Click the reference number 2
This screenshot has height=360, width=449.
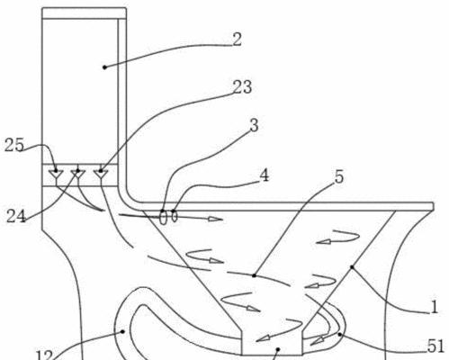tap(237, 40)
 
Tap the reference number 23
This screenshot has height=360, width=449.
tap(242, 87)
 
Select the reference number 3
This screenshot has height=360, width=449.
tap(254, 125)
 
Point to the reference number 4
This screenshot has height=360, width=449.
tap(264, 175)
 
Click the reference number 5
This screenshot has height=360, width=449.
tap(339, 176)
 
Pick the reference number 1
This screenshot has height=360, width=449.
tap(435, 307)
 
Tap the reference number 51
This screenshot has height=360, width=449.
tap(436, 346)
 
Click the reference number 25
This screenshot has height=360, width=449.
tap(14, 145)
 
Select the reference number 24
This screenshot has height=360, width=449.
tap(16, 216)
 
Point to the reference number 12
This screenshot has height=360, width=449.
tap(44, 355)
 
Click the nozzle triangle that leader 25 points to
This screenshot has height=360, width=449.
tap(56, 174)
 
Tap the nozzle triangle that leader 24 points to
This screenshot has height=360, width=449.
tap(78, 174)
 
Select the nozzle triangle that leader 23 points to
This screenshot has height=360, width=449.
tap(101, 174)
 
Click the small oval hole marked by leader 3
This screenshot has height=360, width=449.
tap(163, 218)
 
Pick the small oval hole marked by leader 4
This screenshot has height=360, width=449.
tap(175, 216)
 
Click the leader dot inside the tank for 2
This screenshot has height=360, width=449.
tap(104, 67)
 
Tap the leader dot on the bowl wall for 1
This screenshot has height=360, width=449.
tap(352, 267)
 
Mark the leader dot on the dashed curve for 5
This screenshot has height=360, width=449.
tap(254, 275)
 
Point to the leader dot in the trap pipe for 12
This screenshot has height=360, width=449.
tap(122, 331)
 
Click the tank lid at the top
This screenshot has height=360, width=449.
tap(84, 13)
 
